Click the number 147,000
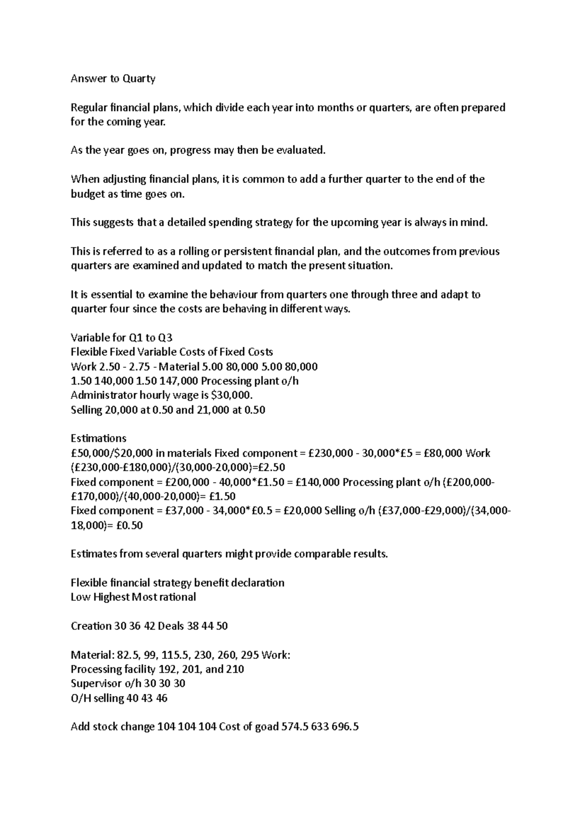(178, 381)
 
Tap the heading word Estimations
(98, 438)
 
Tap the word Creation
(91, 626)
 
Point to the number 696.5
(345, 727)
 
